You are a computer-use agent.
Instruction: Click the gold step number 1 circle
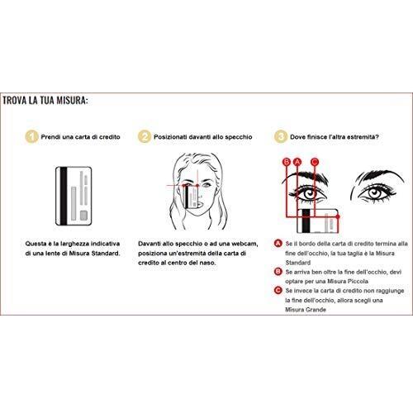pyautogui.click(x=31, y=136)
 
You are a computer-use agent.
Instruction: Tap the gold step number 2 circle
pyautogui.click(x=145, y=136)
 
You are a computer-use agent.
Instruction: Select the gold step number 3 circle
pyautogui.click(x=281, y=136)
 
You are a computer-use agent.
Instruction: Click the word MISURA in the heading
pyautogui.click(x=72, y=100)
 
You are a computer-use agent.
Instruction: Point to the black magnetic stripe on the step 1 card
pyautogui.click(x=64, y=196)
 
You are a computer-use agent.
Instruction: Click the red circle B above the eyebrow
pyautogui.click(x=287, y=162)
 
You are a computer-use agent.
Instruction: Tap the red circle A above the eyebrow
pyautogui.click(x=297, y=162)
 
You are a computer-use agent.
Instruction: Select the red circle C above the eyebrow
pyautogui.click(x=315, y=162)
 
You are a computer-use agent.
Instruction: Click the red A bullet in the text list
pyautogui.click(x=278, y=244)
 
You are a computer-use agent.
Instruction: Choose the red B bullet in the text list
pyautogui.click(x=278, y=272)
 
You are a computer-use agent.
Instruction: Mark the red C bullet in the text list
pyautogui.click(x=278, y=290)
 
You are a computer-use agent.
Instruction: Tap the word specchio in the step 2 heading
pyautogui.click(x=239, y=137)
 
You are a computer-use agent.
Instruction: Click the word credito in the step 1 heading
pyautogui.click(x=110, y=137)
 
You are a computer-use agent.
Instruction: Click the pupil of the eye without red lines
pyautogui.click(x=374, y=192)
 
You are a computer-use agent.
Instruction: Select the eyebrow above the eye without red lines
pyautogui.click(x=379, y=177)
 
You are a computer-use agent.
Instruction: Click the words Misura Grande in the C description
pyautogui.click(x=306, y=310)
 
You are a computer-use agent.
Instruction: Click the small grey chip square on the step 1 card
pyautogui.click(x=83, y=216)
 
